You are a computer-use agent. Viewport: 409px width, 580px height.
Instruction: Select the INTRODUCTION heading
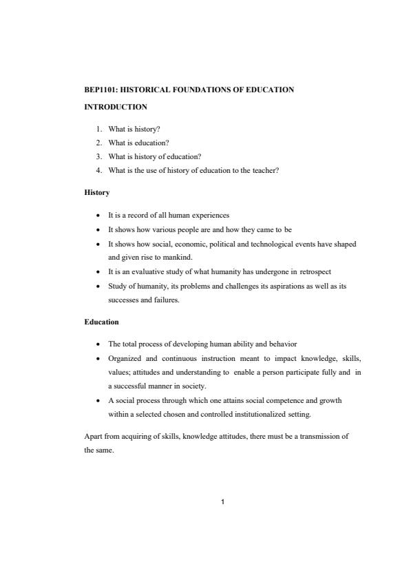pos(115,107)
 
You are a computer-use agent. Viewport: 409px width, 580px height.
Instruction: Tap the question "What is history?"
pos(134,129)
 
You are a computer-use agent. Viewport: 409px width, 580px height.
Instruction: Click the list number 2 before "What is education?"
pos(99,143)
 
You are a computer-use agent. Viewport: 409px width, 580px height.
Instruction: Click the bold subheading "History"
pos(96,192)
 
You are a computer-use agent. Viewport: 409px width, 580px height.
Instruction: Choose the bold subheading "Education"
pos(101,322)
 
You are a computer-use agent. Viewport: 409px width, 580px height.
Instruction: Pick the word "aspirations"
pos(270,286)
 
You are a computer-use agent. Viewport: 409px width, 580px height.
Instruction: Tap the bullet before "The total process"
pos(100,344)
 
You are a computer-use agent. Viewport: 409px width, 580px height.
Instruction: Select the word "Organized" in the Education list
pos(125,358)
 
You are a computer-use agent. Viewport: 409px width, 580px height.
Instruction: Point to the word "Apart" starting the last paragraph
pos(93,437)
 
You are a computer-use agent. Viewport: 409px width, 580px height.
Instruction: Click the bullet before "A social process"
pos(100,400)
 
